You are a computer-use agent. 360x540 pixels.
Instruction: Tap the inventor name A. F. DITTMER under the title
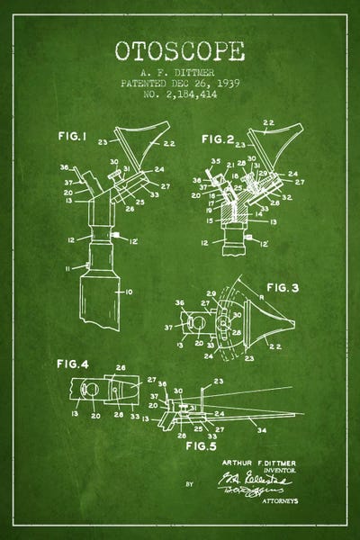click(180, 69)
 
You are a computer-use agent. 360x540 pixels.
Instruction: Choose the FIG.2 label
click(218, 139)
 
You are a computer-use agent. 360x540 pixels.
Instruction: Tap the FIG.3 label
click(281, 288)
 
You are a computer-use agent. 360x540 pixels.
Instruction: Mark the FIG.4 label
click(69, 364)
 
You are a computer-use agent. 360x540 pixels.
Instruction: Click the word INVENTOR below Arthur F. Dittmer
click(282, 470)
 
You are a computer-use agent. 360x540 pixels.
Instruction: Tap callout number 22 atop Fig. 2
click(268, 122)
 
